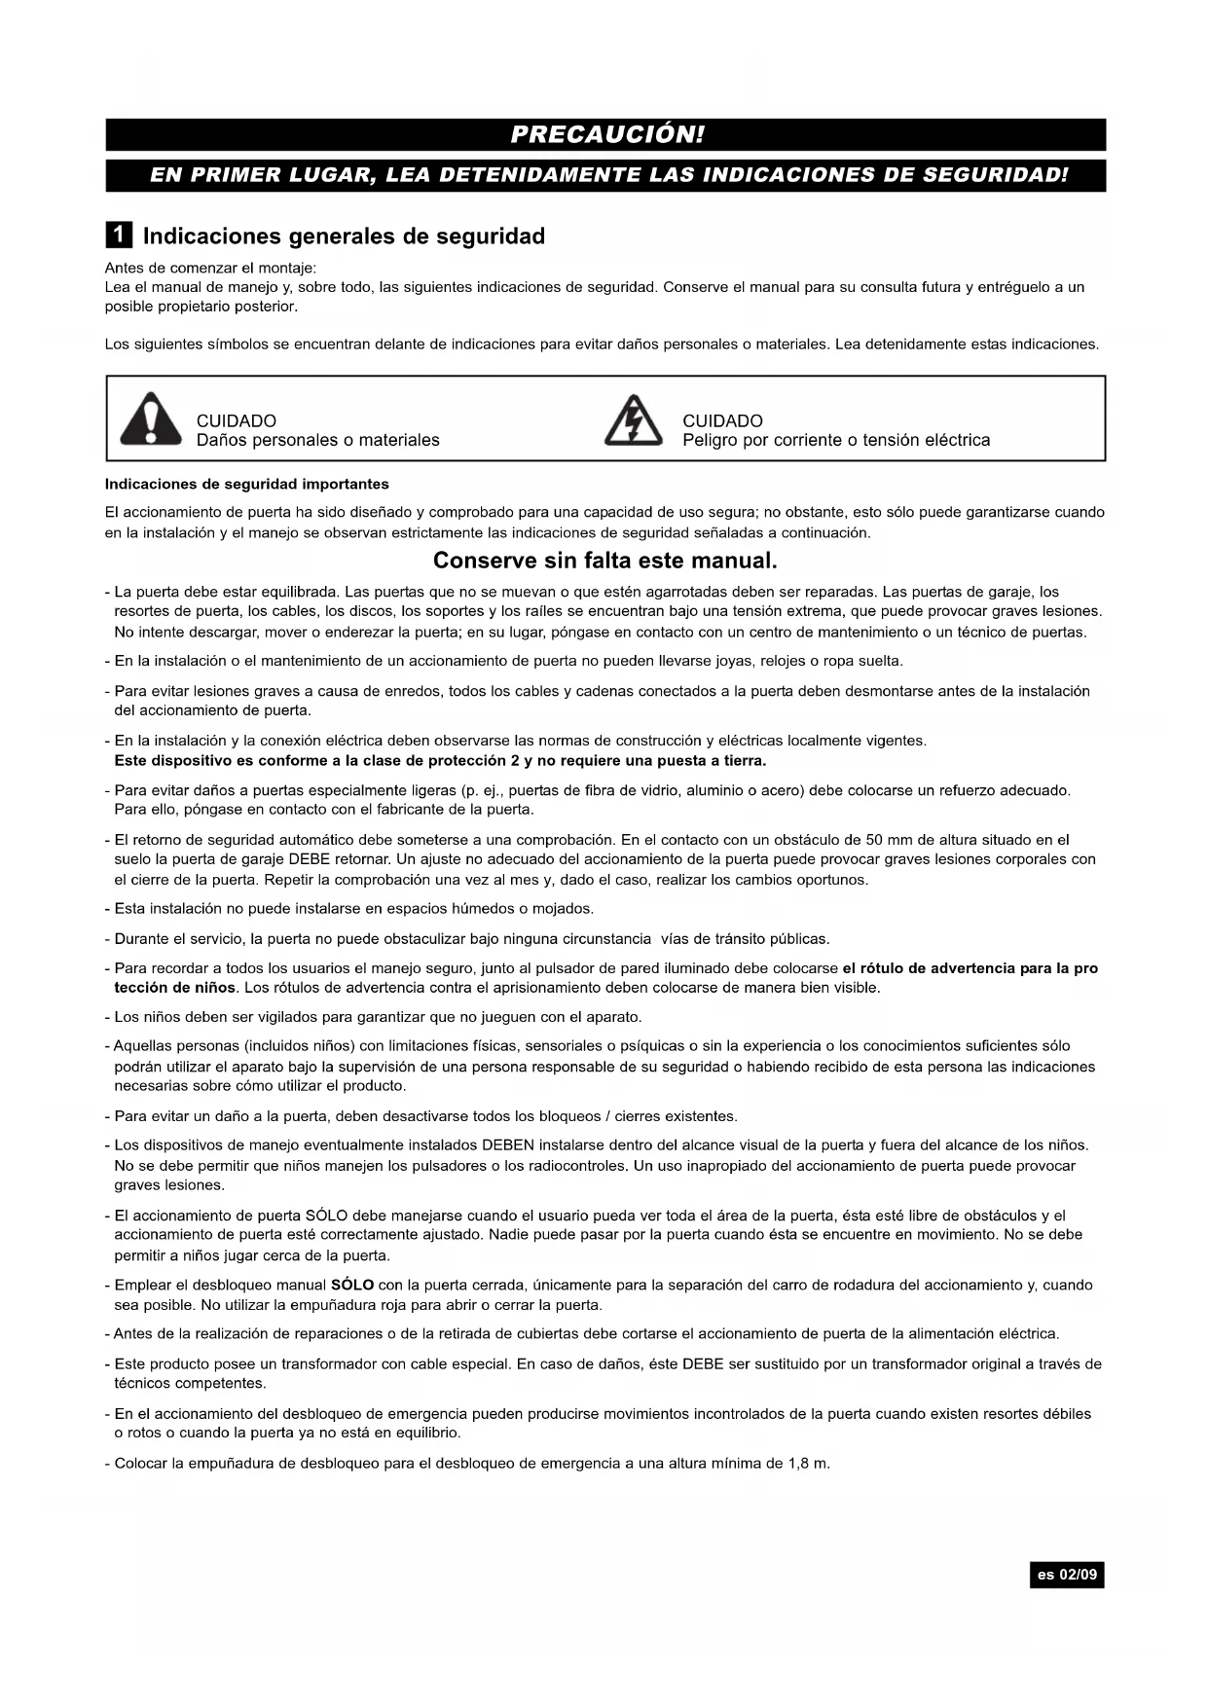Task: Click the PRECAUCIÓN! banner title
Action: coord(605,134)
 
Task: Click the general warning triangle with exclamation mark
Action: coord(150,419)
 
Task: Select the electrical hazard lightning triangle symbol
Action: coord(633,420)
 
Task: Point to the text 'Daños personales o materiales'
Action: coord(317,440)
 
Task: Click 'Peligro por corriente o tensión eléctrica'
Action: coord(835,440)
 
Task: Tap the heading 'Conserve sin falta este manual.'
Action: coord(604,561)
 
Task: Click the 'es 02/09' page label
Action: coord(1066,1574)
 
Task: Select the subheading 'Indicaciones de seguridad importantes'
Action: coord(246,484)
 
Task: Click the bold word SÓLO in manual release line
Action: coord(352,1285)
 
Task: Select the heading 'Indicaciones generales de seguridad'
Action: coord(344,236)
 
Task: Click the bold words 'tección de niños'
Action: coord(175,988)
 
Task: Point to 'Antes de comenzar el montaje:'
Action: coord(210,268)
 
